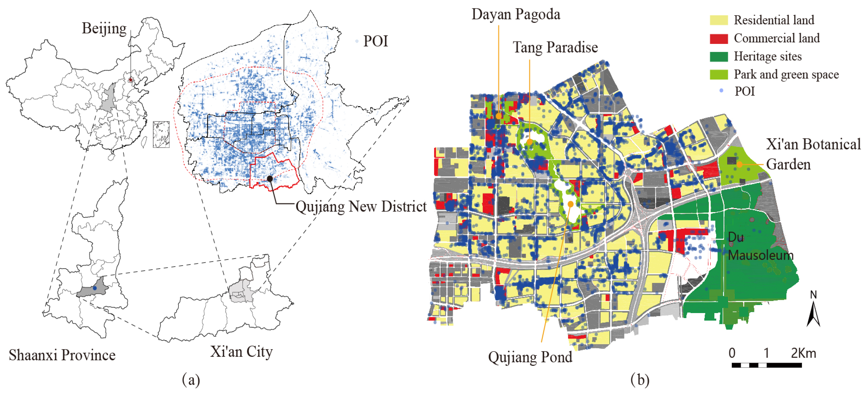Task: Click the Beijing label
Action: coord(104,28)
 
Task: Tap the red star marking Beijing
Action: coord(131,80)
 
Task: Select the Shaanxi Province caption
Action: coord(62,355)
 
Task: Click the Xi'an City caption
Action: coord(241,351)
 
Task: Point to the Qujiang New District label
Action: coord(361,206)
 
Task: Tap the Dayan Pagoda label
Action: coord(516,15)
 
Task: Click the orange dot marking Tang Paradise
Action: coord(529,142)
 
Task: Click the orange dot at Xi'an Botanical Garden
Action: coord(739,164)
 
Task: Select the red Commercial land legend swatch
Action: coord(719,38)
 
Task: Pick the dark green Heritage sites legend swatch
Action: coord(719,57)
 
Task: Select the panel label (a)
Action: coord(191,380)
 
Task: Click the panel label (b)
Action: coord(640,380)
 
